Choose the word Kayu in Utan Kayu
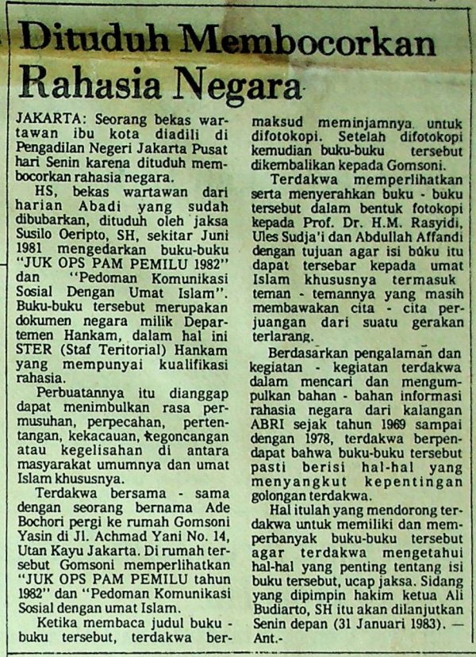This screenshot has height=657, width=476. click(x=72, y=550)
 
